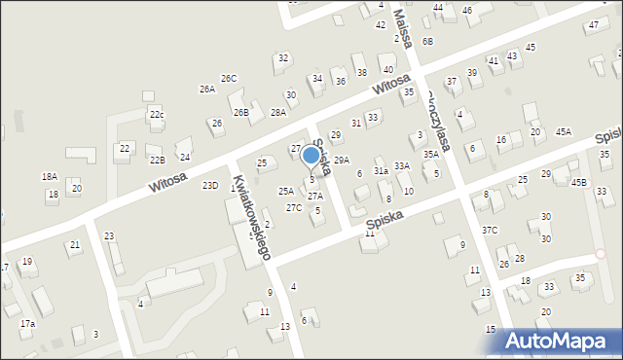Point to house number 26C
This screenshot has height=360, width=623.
pyautogui.click(x=229, y=78)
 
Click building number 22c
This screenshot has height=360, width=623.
pyautogui.click(x=157, y=115)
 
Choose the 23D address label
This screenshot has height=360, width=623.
pyautogui.click(x=209, y=185)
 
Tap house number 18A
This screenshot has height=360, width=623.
pyautogui.click(x=49, y=177)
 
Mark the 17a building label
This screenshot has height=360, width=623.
pyautogui.click(x=27, y=323)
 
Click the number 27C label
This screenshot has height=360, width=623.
pyautogui.click(x=293, y=208)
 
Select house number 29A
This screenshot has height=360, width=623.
pyautogui.click(x=342, y=160)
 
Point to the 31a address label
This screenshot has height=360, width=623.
pyautogui.click(x=381, y=170)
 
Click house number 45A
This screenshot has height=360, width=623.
pyautogui.click(x=564, y=131)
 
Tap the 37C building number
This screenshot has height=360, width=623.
pyautogui.click(x=490, y=231)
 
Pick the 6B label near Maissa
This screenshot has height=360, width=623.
pyautogui.click(x=427, y=42)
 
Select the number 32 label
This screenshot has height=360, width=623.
pyautogui.click(x=282, y=58)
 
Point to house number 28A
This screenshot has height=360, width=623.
pyautogui.click(x=278, y=113)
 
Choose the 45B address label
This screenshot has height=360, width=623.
pyautogui.click(x=579, y=182)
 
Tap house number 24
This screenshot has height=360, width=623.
pyautogui.click(x=184, y=157)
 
